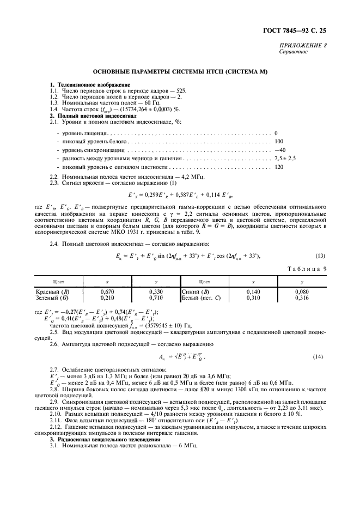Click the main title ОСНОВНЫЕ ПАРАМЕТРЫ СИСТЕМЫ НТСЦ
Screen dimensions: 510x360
(x=180, y=72)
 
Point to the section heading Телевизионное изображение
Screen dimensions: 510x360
(x=93, y=84)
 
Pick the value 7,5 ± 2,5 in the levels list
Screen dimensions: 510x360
(x=285, y=158)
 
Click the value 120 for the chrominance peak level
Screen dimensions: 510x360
(x=279, y=167)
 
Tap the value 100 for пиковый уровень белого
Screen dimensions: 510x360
(x=279, y=141)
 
